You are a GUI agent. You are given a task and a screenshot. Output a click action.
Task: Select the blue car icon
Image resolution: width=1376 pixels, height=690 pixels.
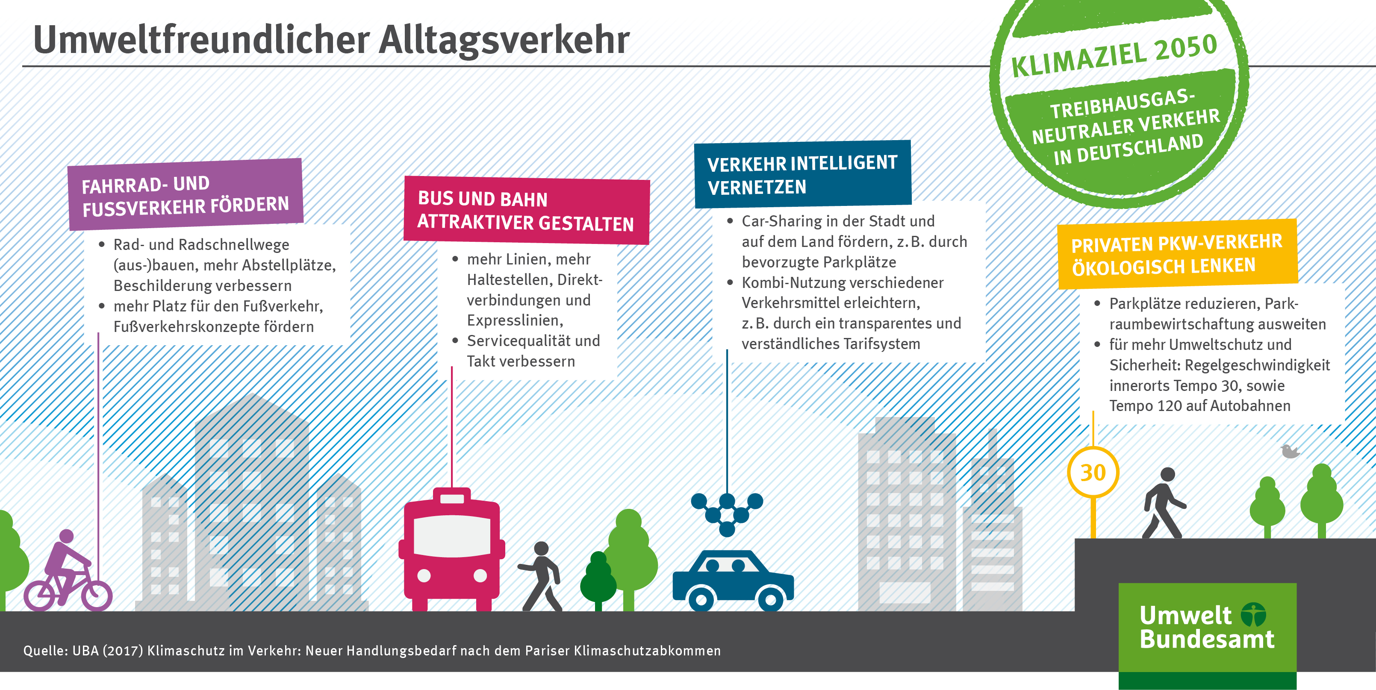[733, 581]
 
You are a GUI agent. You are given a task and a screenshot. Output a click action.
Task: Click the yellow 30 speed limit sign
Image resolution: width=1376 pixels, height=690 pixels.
[1093, 473]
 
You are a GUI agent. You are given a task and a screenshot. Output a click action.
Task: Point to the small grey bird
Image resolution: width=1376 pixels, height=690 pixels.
[1290, 451]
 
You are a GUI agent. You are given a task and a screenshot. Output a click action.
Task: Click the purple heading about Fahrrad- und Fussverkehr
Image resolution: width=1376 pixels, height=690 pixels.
[186, 194]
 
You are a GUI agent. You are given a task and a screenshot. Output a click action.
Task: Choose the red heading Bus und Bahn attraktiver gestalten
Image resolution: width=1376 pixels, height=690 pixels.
[527, 210]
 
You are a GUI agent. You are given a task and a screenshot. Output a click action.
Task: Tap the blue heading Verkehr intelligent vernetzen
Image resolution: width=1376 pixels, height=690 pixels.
[802, 174]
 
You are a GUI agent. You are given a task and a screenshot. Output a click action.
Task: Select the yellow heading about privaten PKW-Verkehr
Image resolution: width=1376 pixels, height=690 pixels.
[1177, 254]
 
